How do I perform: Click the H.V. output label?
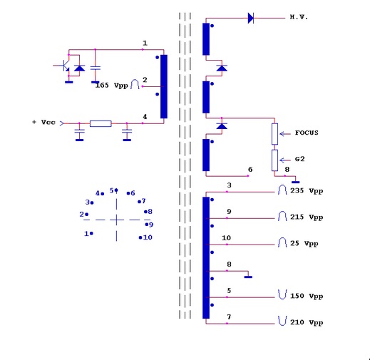tap(299, 17)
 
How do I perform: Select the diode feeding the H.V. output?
tap(251, 18)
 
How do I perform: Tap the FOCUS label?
tap(307, 133)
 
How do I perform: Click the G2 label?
tap(299, 159)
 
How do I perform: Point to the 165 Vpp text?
tap(111, 86)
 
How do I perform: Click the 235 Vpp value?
tap(307, 191)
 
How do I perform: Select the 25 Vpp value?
tap(304, 244)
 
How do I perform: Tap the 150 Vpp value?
tap(307, 296)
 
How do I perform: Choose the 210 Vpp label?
tap(307, 322)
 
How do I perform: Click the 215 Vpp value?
tap(307, 217)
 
